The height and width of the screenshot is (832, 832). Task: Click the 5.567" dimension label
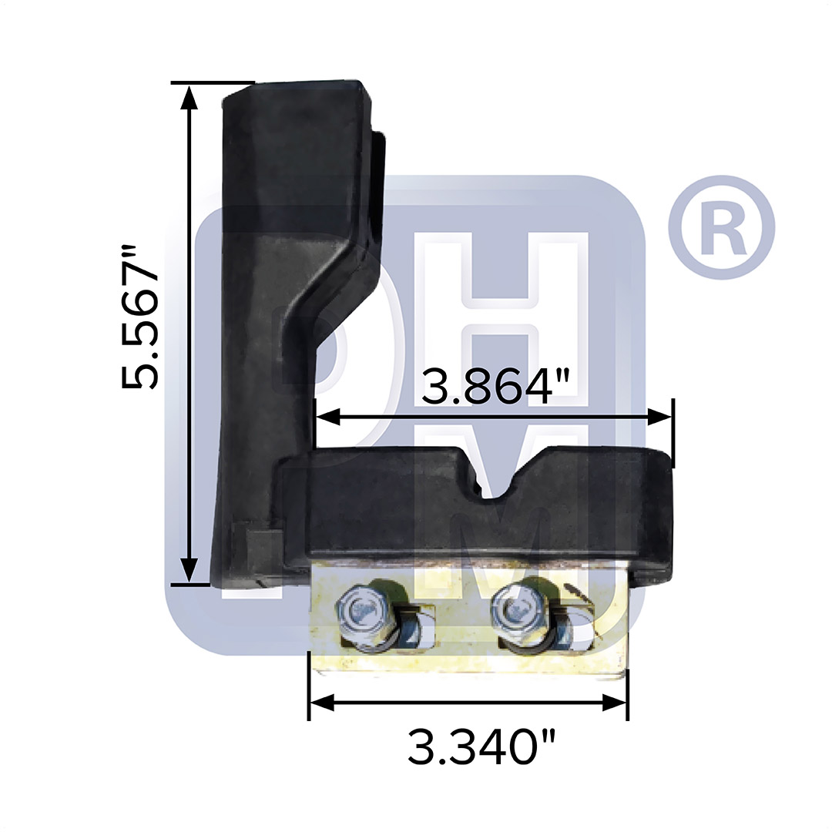point(140,317)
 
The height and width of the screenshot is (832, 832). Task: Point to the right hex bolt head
point(516,608)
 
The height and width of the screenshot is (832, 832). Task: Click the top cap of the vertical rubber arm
point(297,96)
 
